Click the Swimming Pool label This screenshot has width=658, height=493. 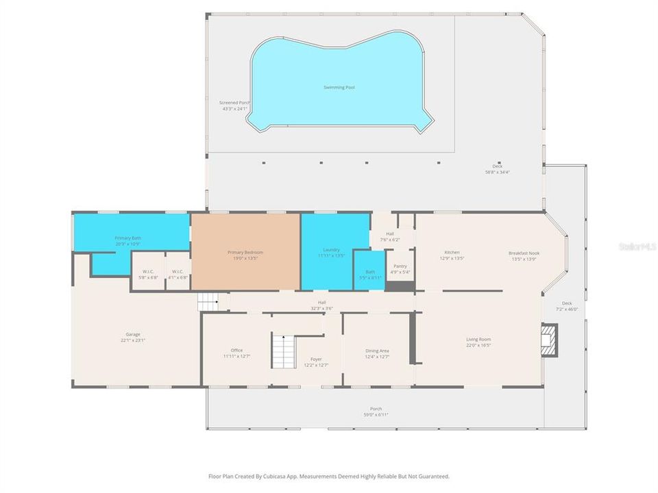[x=339, y=88]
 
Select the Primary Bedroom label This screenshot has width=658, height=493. [x=245, y=252]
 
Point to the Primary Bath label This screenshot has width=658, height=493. [x=127, y=238]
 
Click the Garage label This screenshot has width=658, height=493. [x=133, y=334]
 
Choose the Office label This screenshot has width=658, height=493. [x=236, y=350]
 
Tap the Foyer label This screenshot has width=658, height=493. [x=316, y=359]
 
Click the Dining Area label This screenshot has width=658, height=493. [x=377, y=351]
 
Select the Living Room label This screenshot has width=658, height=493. [x=478, y=339]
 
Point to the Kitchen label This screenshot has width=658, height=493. [x=452, y=253]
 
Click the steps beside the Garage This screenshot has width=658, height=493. [x=208, y=301]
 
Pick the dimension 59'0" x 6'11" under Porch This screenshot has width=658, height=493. [x=376, y=415]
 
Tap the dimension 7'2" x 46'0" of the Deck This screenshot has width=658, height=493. [x=566, y=309]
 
